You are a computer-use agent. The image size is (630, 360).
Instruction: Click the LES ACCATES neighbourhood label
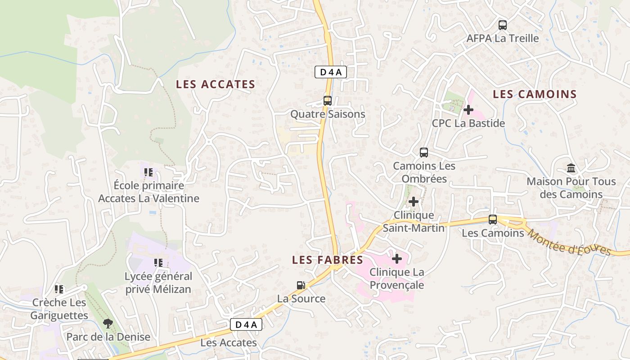(215, 84)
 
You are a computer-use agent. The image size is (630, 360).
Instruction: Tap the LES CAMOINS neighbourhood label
(535, 94)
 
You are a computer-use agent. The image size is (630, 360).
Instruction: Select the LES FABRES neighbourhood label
(327, 260)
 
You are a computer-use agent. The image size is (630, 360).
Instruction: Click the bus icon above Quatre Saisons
(328, 101)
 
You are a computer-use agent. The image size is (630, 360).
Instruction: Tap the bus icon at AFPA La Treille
(503, 25)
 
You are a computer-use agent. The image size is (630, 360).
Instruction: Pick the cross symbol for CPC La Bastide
(468, 109)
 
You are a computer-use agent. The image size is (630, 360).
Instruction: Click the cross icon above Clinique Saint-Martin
(413, 202)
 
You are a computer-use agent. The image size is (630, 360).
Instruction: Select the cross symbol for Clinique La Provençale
(397, 259)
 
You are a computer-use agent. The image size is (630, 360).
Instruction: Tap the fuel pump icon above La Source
(301, 285)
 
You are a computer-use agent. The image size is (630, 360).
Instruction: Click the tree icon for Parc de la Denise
(108, 323)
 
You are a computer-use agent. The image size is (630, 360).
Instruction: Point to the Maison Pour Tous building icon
(571, 168)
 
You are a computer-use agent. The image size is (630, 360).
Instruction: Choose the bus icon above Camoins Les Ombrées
(424, 152)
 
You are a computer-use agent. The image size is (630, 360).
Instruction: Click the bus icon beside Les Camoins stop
(493, 220)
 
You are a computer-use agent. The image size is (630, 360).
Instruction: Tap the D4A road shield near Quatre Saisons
(330, 72)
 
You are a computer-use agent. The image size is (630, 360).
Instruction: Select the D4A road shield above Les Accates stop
(246, 324)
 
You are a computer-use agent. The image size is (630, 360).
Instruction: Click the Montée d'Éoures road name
(570, 242)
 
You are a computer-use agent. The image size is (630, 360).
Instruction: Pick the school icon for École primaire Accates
(148, 172)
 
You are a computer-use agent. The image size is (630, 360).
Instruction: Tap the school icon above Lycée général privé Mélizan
(158, 262)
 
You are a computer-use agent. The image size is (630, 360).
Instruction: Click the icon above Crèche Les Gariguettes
(59, 289)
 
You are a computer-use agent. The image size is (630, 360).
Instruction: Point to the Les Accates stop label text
(228, 342)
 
